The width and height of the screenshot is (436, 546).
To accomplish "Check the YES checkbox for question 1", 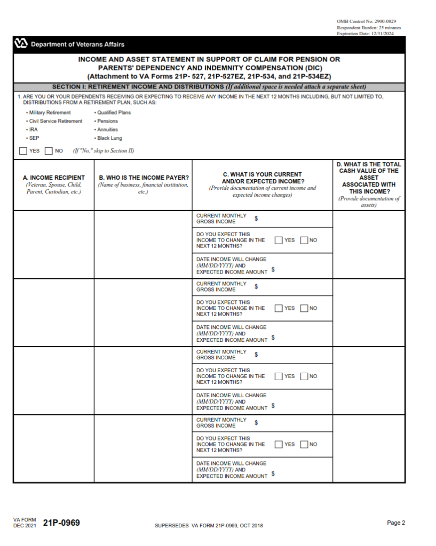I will [23, 151].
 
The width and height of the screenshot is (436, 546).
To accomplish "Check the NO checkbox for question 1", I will [49, 151].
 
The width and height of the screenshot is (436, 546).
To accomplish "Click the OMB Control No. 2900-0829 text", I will [366, 21].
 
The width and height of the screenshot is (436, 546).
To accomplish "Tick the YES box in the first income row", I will [279, 240].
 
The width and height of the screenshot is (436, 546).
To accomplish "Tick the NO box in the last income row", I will [304, 444].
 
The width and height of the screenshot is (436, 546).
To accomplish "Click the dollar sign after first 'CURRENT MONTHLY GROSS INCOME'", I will [256, 219].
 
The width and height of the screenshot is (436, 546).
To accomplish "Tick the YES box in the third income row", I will [279, 376].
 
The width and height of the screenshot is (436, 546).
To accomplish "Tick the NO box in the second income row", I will [304, 308].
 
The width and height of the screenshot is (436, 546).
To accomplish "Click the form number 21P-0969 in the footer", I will [61, 523].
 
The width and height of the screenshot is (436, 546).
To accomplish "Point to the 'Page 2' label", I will [396, 523].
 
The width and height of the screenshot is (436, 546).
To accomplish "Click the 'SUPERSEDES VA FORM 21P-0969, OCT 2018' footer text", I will [209, 526].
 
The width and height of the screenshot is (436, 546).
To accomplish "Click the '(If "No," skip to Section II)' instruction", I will [104, 151].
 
